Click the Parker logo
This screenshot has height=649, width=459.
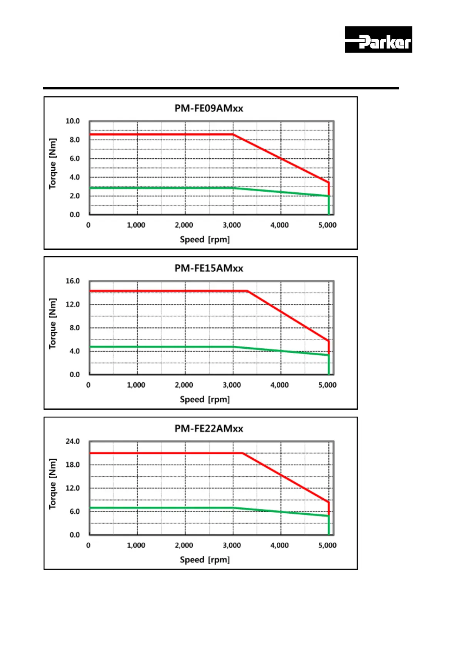(x=378, y=40)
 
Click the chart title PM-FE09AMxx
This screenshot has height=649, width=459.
(x=209, y=108)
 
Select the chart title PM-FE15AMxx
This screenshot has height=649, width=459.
(x=209, y=268)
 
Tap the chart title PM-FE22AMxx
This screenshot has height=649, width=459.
(x=209, y=429)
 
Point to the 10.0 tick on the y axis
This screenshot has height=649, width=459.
(x=72, y=121)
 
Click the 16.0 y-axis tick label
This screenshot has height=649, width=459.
(x=72, y=281)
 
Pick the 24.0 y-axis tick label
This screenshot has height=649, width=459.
(x=72, y=441)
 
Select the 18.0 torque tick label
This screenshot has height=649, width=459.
(x=72, y=465)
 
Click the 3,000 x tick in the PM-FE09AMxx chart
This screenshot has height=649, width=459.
(x=232, y=225)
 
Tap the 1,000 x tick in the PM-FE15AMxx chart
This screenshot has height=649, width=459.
(x=136, y=385)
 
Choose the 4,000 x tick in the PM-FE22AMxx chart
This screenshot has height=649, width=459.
(x=279, y=545)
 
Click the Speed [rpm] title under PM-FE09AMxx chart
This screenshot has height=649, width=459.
(x=205, y=240)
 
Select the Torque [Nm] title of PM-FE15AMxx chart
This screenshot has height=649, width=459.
(x=53, y=324)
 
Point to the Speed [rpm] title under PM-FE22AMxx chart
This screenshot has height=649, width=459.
(x=205, y=560)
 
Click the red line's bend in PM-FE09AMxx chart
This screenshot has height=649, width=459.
(x=233, y=135)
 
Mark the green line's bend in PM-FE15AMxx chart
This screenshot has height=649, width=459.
(x=233, y=347)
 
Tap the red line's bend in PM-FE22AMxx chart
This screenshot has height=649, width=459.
(x=242, y=453)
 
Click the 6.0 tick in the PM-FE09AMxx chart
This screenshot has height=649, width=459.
(x=74, y=158)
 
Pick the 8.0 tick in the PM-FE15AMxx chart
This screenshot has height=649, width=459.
(x=74, y=328)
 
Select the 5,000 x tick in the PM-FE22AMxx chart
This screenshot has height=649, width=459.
(x=327, y=545)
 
